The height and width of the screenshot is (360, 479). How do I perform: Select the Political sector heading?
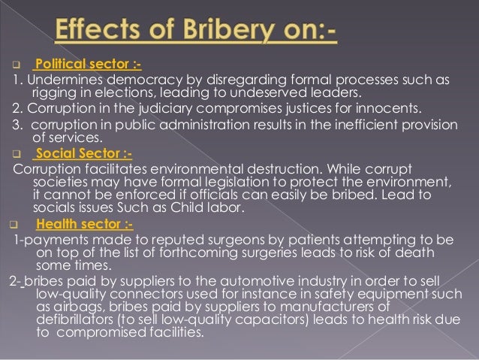(81, 65)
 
